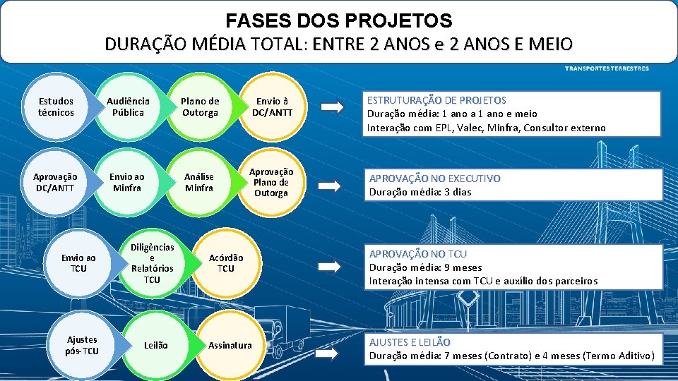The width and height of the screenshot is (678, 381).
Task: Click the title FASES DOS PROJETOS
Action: coord(339,20)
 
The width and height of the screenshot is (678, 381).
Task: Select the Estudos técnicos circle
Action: coord(56,107)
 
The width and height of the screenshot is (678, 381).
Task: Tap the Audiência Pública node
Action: coord(128,107)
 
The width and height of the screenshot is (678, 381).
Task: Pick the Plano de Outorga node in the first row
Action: coord(200,107)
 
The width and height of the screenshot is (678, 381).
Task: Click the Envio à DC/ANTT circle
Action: coord(272,107)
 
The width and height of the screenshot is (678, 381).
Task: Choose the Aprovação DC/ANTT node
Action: coord(56,183)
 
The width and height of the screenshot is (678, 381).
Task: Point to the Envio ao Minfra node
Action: coord(128,183)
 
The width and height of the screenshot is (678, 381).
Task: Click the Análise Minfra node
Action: coord(199,183)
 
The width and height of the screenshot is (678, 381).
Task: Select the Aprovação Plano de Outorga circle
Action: coord(271,183)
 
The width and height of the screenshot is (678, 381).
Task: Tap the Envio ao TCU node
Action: coord(79,263)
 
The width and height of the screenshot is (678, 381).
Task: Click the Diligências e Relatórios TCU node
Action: coord(152,264)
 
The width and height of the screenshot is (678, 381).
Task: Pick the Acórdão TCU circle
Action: coord(226,263)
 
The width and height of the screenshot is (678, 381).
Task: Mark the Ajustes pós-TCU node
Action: coord(82,345)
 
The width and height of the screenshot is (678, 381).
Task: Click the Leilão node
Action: coord(155,345)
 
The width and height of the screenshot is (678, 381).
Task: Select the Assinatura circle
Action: coord(230,345)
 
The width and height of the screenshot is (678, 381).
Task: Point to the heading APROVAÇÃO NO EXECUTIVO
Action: coord(434,179)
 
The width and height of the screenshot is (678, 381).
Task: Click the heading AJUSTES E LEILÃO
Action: coord(410,342)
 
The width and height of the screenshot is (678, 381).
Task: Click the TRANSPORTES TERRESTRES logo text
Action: coord(606,68)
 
